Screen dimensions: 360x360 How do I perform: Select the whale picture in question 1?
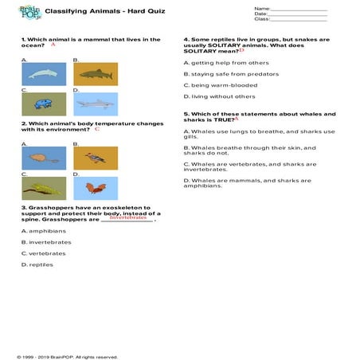43,74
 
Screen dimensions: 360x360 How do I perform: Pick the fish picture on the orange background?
95,74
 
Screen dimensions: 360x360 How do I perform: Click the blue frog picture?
43,104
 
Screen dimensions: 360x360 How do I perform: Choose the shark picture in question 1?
95,104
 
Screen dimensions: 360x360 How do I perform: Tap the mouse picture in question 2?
43,158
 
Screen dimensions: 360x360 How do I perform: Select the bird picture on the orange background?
95,158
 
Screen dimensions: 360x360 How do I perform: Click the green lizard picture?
43,188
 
